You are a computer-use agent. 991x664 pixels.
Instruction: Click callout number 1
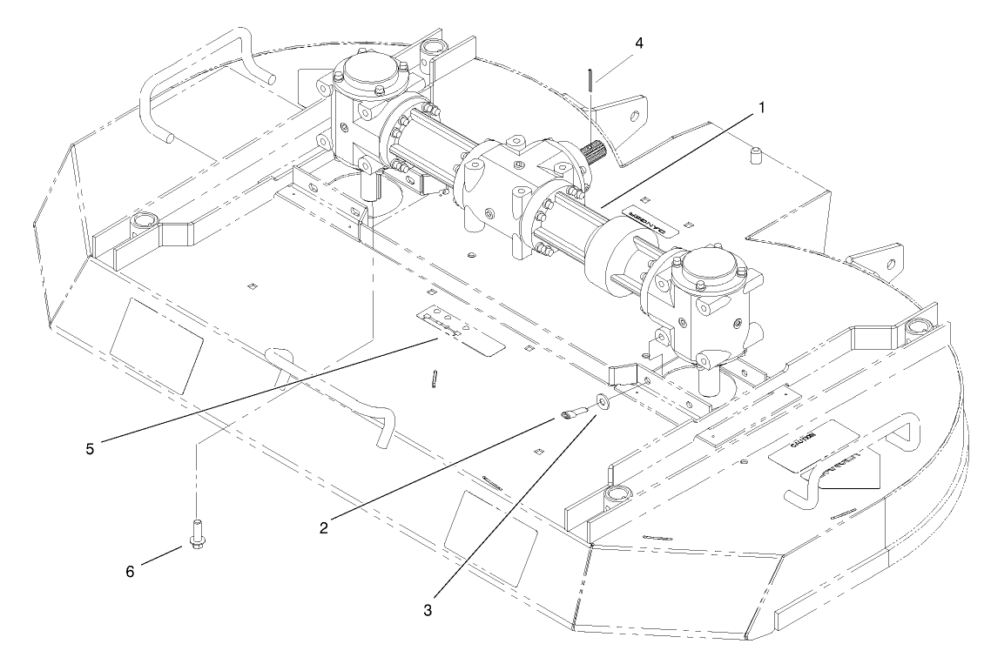[762, 107]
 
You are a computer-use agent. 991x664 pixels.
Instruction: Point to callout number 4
[640, 42]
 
